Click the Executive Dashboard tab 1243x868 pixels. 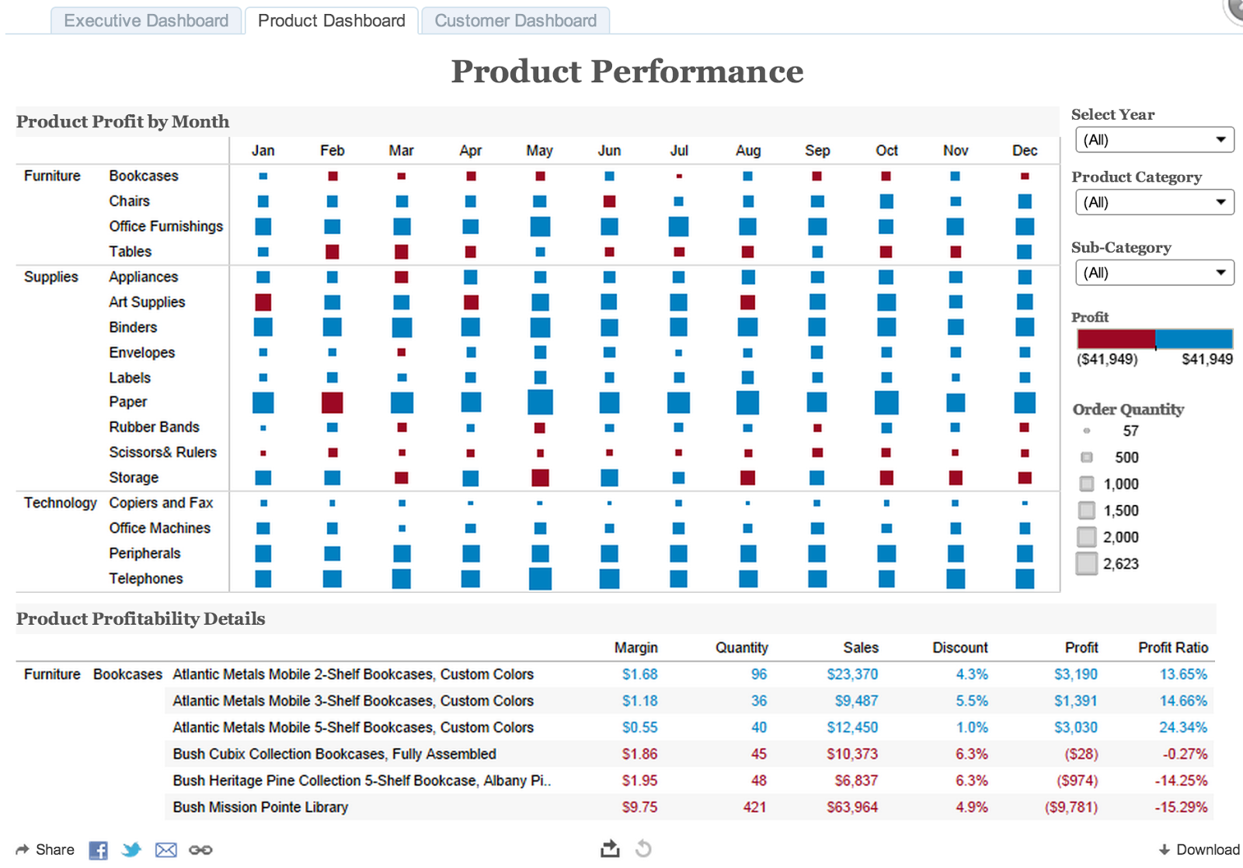pyautogui.click(x=146, y=21)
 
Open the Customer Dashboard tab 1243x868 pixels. pyautogui.click(x=515, y=21)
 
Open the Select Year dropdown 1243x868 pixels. pyautogui.click(x=1154, y=140)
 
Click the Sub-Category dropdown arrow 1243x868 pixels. pyautogui.click(x=1220, y=273)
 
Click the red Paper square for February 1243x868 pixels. pyautogui.click(x=332, y=403)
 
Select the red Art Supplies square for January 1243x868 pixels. pyautogui.click(x=263, y=302)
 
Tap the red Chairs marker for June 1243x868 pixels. pyautogui.click(x=609, y=201)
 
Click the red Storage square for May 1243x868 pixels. pyautogui.click(x=540, y=477)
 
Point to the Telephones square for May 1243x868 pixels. pyautogui.click(x=540, y=579)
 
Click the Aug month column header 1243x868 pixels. pyautogui.click(x=747, y=151)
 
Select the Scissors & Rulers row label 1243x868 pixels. pyautogui.click(x=162, y=452)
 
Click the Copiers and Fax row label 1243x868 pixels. pyautogui.click(x=161, y=503)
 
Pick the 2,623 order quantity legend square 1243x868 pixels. pyautogui.click(x=1086, y=563)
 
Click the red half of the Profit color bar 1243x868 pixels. pyautogui.click(x=1116, y=339)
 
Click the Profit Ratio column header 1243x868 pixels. pyautogui.click(x=1172, y=647)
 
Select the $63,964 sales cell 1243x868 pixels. pyautogui.click(x=851, y=807)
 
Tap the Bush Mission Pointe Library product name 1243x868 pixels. pyautogui.click(x=260, y=807)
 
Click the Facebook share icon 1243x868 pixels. pyautogui.click(x=98, y=850)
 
